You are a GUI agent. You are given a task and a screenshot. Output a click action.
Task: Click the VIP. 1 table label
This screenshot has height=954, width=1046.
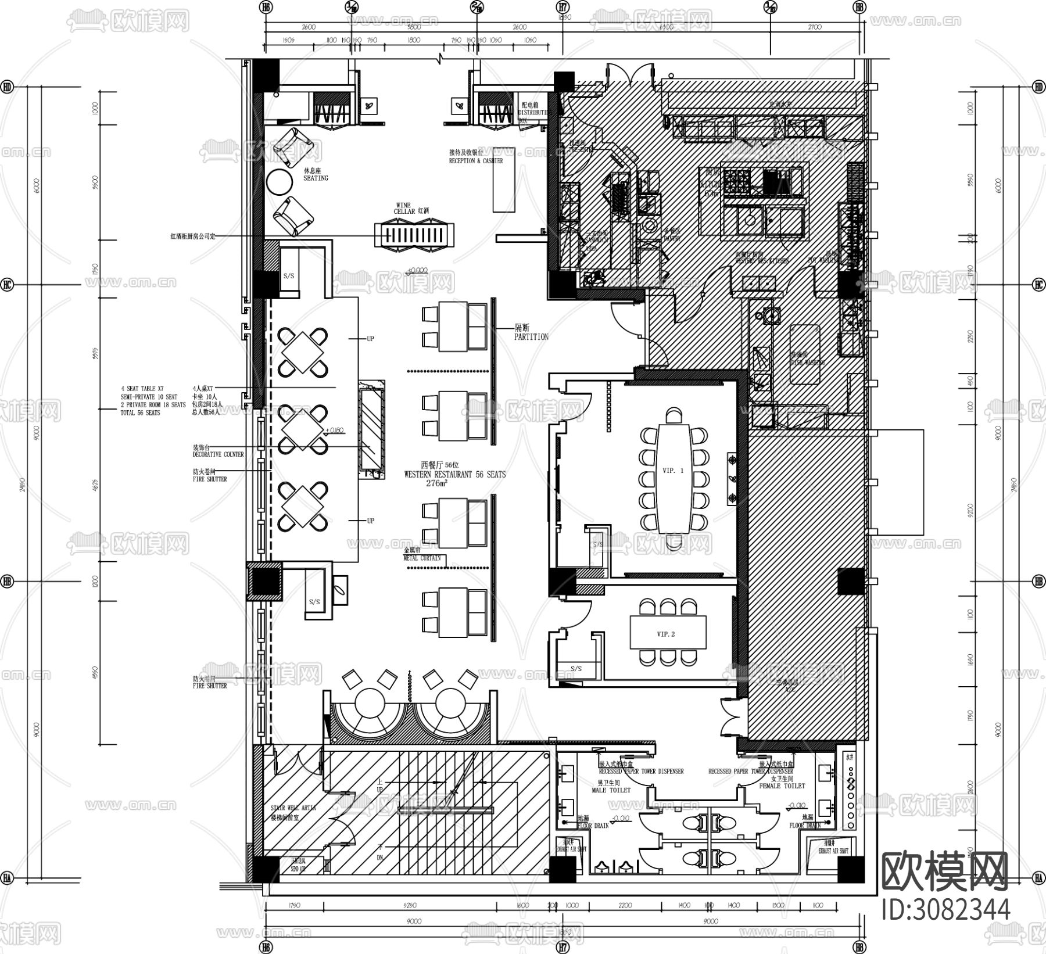pos(673,471)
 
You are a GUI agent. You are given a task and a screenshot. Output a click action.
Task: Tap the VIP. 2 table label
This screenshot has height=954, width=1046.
pos(665,634)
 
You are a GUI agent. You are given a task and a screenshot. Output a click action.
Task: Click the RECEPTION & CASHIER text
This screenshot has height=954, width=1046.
pos(476,160)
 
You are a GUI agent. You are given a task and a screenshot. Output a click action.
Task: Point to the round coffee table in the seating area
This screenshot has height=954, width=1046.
pos(280,182)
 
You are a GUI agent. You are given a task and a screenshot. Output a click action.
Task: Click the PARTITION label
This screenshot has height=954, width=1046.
pos(531,336)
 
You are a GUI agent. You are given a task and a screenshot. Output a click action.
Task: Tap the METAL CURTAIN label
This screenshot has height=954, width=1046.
pos(422,558)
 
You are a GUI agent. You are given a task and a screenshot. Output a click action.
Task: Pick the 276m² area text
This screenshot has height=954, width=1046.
pos(436,483)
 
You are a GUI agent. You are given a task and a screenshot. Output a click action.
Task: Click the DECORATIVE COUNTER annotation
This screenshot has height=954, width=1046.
pos(218,454)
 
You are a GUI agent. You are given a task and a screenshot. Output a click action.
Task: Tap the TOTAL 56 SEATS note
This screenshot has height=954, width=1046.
pos(140,413)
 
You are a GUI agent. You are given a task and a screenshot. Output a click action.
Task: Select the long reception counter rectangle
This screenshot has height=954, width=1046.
pos(504,179)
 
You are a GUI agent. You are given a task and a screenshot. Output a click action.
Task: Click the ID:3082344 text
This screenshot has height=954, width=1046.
pos(945,909)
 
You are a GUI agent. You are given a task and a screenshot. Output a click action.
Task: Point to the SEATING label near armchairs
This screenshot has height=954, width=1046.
pos(316,178)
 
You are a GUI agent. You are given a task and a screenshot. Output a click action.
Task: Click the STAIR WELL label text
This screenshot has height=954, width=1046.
pos(293,808)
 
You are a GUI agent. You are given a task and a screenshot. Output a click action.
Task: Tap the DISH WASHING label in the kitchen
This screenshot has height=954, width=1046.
pos(807,362)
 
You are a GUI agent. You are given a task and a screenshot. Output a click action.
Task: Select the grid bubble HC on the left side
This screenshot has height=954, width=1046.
pos(7,285)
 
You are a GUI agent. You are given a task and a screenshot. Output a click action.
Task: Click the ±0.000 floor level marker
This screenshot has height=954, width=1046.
pos(417,271)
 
